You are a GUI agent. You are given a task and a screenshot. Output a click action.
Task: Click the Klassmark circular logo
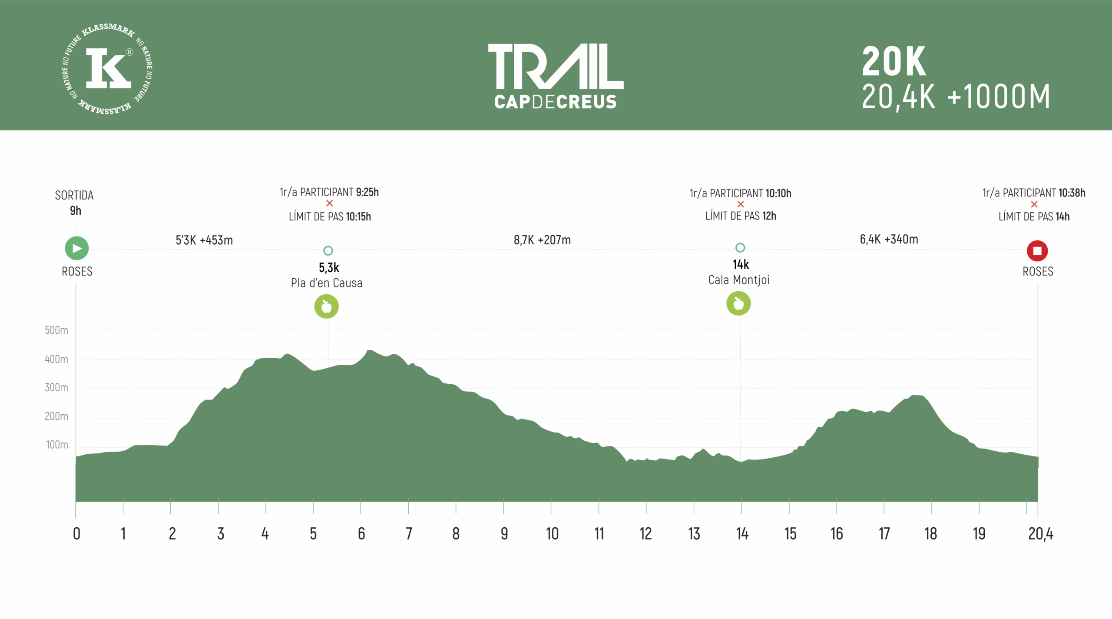[x=107, y=69]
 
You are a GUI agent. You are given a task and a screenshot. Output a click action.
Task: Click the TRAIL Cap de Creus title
[x=556, y=76]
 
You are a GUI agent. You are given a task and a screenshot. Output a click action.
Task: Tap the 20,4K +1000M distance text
[x=956, y=97]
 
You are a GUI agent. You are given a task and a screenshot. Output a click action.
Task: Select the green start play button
[x=77, y=248]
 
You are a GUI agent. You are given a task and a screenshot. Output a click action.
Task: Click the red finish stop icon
[x=1037, y=251]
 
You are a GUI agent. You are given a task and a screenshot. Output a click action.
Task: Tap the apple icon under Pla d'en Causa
[x=326, y=306]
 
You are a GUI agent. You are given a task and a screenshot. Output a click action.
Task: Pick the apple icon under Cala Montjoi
[x=738, y=303]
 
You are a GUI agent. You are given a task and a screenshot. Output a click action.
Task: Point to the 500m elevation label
[x=56, y=330]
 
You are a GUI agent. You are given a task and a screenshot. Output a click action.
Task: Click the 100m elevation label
[x=57, y=445]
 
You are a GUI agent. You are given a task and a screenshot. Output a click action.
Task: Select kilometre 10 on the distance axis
[x=552, y=534]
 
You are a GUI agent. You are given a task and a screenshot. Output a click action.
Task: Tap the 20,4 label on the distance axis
[x=1040, y=534]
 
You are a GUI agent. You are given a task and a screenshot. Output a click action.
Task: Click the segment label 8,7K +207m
[x=542, y=240]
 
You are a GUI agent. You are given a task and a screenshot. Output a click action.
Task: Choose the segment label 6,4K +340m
[x=889, y=239]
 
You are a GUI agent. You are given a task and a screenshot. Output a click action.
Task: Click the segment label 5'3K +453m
[x=204, y=240]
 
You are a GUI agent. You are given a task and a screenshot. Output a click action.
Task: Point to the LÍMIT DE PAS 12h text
[x=741, y=216]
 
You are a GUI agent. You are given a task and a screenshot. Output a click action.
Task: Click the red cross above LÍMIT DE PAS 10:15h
[x=330, y=203]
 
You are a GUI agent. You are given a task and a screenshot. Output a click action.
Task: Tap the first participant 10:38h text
[x=1034, y=193]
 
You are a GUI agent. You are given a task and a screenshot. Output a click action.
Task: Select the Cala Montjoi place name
[x=739, y=280]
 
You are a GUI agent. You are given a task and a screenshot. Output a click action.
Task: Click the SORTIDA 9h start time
[x=75, y=203]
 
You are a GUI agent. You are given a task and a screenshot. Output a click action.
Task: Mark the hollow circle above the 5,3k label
[x=328, y=251]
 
